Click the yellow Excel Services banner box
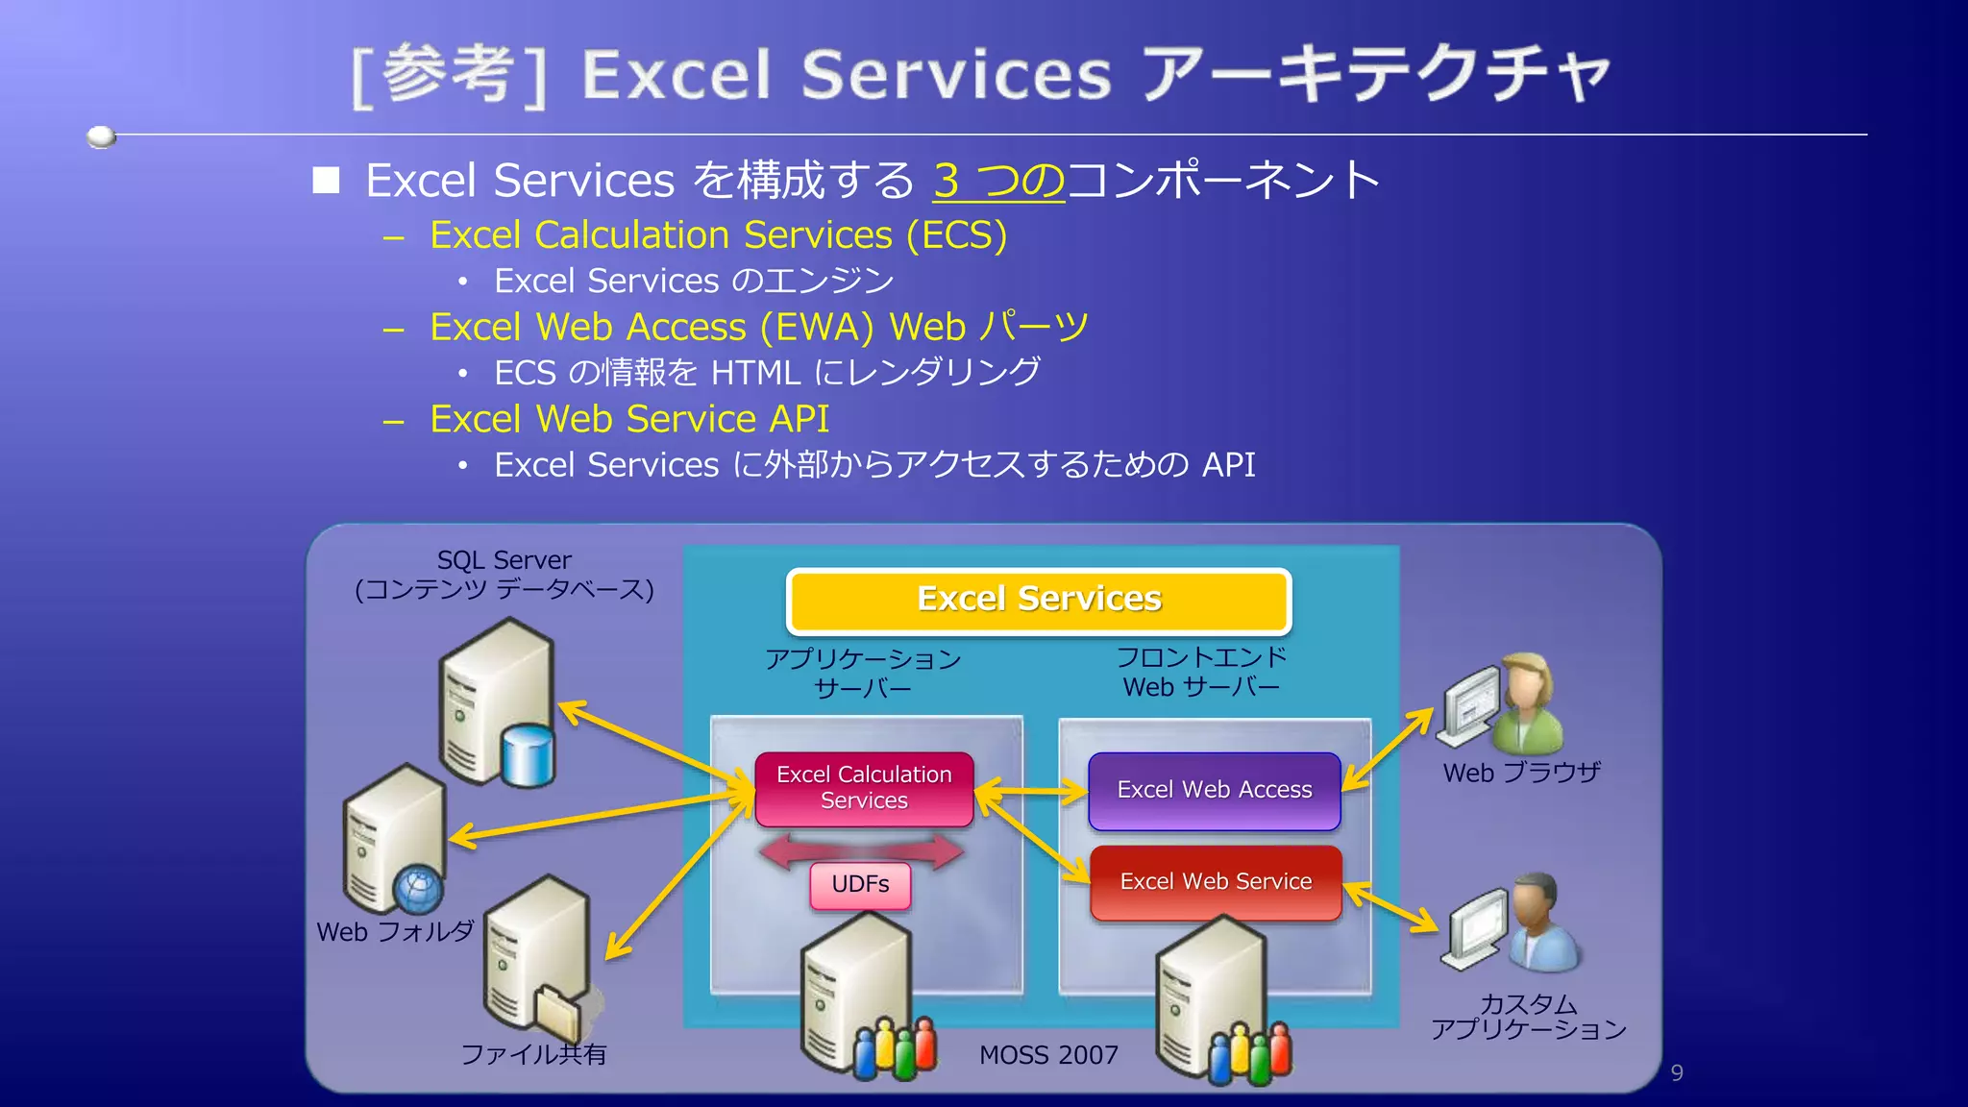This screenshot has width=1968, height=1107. pos(1039,601)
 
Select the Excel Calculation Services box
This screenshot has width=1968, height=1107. pos(864,789)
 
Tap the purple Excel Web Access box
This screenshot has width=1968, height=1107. pos(1214,790)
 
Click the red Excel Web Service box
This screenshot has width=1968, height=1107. pos(1216,882)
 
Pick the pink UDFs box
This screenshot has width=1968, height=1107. pos(860,884)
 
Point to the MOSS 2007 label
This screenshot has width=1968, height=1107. pos(1048,1055)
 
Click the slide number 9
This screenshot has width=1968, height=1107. pos(1677,1072)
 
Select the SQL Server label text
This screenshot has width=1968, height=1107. pos(504,560)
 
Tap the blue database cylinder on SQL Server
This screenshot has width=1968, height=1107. pos(529,755)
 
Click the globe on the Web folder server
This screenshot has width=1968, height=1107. pos(419,890)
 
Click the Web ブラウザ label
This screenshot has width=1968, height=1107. pos(1521,773)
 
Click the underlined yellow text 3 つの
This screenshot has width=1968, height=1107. pos(998,181)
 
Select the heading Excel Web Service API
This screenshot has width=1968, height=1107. pos(629,419)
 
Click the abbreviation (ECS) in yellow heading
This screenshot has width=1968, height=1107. pos(956,235)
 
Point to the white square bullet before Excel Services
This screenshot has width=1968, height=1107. pos(327,181)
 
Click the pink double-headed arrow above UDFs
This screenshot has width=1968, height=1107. pos(860,849)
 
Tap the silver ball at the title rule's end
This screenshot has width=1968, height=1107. pos(101,136)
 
